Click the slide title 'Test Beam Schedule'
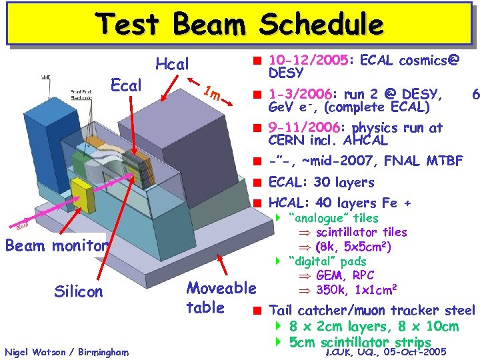[x=240, y=24]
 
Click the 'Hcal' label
[x=173, y=65]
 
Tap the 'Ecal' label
[x=126, y=85]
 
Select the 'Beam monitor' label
[x=56, y=245]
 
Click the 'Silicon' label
[x=79, y=291]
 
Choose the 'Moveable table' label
[x=221, y=298]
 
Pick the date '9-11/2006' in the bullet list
[x=304, y=128]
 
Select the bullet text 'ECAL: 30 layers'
[x=321, y=183]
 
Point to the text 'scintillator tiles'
[x=361, y=232]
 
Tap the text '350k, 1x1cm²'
[x=357, y=290]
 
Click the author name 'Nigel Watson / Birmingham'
[x=67, y=351]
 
